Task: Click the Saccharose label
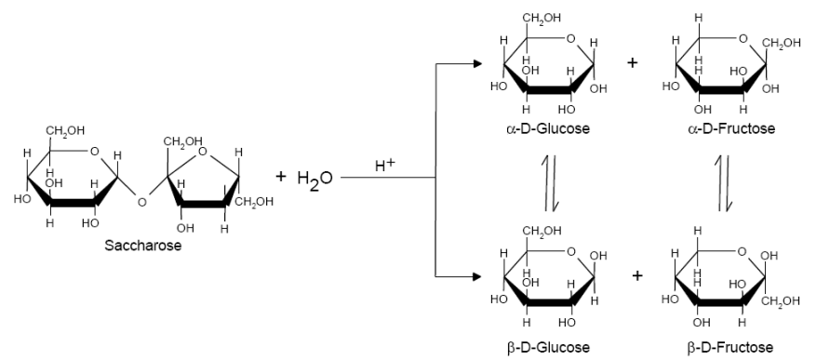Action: tap(143, 245)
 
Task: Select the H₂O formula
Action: tap(314, 179)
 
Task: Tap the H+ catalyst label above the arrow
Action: tap(385, 165)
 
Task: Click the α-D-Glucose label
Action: tap(548, 128)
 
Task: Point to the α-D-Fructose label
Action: tap(731, 128)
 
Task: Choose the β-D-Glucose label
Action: tap(548, 347)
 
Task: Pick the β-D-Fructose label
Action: tap(730, 347)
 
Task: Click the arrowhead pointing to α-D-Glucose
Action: tap(476, 63)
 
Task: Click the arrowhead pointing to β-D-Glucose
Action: tap(476, 277)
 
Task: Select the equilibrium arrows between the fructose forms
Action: tap(724, 183)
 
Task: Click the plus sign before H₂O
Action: tap(280, 177)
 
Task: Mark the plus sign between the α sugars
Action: tap(633, 63)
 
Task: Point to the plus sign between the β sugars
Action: tap(637, 275)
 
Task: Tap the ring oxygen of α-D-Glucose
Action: tap(571, 38)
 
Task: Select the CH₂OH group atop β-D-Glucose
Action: tap(542, 232)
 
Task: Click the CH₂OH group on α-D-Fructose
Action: tap(782, 43)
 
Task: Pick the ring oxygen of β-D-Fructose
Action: tap(742, 252)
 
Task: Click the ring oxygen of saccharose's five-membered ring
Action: tap(203, 152)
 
